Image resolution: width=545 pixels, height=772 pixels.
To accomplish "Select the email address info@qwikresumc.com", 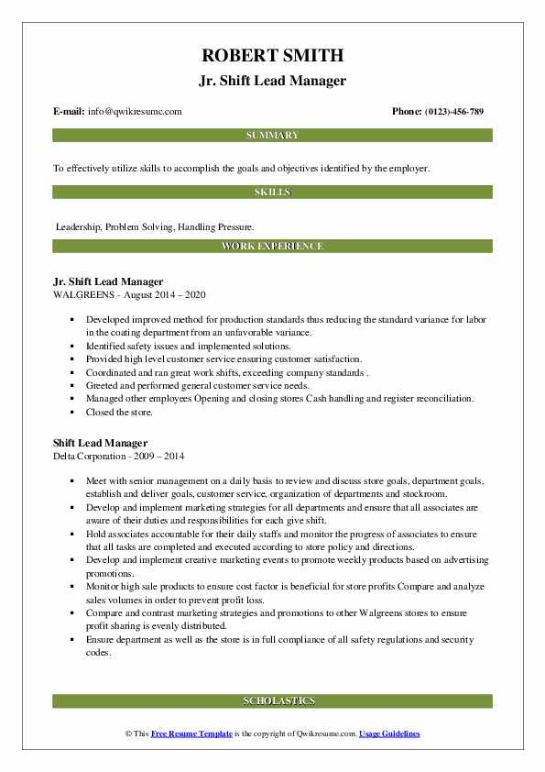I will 136,111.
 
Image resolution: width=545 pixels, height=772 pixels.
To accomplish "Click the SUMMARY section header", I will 272,136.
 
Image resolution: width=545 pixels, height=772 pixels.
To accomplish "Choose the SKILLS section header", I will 272,192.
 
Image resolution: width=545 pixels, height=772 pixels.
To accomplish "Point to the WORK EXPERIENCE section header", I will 272,247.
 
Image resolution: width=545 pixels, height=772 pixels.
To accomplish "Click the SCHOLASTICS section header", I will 272,701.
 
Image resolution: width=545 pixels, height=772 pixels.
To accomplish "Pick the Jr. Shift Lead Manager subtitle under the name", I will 272,81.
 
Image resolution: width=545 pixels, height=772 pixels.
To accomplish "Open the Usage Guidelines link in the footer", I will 389,734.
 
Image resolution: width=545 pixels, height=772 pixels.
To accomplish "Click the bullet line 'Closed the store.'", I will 119,413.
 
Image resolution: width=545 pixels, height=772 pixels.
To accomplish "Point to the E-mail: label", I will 70,111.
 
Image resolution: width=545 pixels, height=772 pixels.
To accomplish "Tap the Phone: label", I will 408,111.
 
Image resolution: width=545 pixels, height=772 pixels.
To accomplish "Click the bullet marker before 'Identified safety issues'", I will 70,347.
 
